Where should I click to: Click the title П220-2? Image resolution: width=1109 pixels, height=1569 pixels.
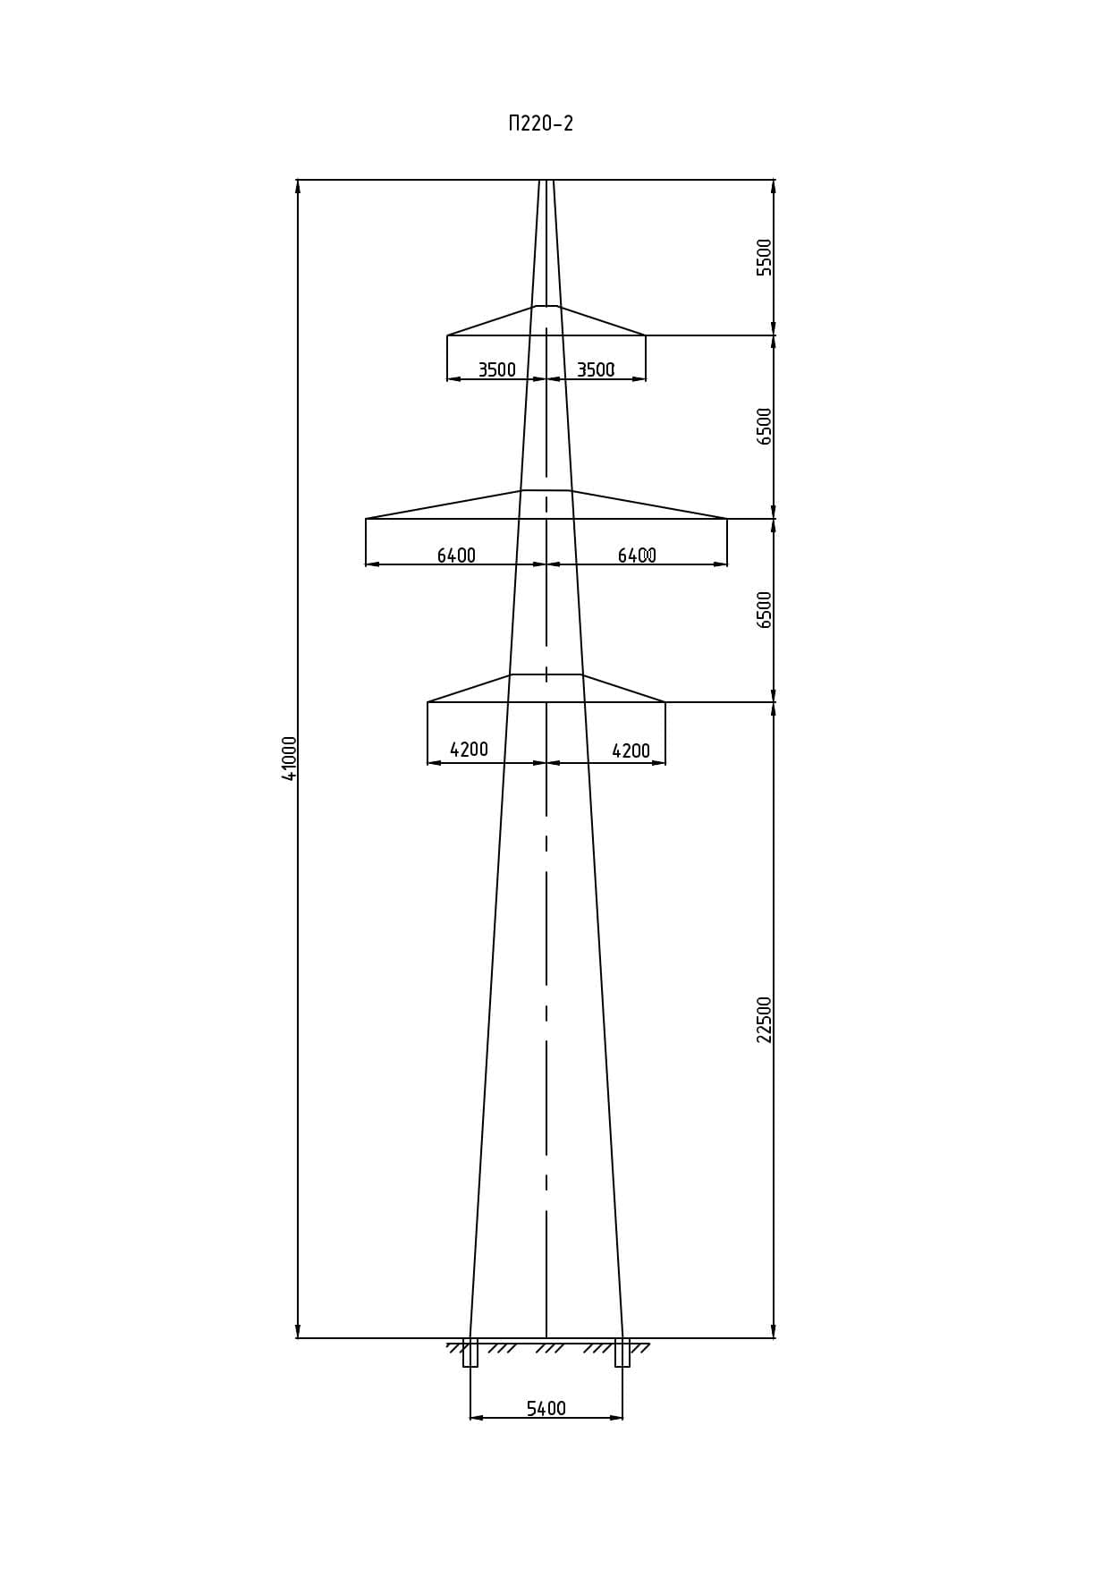click(x=540, y=123)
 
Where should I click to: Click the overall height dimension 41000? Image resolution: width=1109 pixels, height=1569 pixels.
click(x=290, y=759)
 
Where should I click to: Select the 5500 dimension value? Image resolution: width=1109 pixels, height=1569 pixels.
click(x=765, y=258)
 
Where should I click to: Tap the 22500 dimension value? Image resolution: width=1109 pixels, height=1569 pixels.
click(x=765, y=1020)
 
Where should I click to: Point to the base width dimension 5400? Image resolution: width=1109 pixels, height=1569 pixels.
click(x=546, y=1409)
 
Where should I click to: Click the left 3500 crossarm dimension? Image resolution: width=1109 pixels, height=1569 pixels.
click(x=496, y=369)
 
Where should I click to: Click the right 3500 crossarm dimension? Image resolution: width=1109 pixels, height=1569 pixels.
click(x=596, y=369)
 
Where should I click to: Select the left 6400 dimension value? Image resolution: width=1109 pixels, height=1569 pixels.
click(x=456, y=556)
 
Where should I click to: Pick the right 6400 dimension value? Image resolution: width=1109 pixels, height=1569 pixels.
click(x=637, y=556)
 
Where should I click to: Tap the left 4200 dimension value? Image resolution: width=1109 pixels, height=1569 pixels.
click(x=469, y=750)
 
